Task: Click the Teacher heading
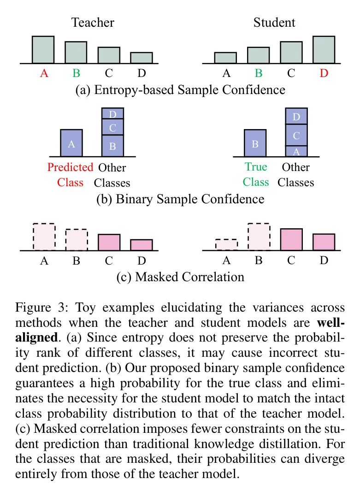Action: [x=93, y=23]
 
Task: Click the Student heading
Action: [x=274, y=23]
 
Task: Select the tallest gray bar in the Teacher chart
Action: [x=43, y=50]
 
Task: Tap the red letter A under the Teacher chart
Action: [x=44, y=73]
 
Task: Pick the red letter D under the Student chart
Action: [x=324, y=73]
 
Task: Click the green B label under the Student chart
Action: [x=259, y=73]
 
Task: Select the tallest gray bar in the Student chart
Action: [x=324, y=50]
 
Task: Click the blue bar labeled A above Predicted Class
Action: [x=71, y=143]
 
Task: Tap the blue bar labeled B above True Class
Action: [x=255, y=143]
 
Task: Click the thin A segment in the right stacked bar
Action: [x=296, y=151]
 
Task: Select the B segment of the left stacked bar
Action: [x=112, y=146]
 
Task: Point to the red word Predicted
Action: [x=71, y=167]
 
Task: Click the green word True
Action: [x=256, y=167]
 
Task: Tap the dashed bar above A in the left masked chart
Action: [x=44, y=236]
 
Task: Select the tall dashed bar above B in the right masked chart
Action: [x=259, y=236]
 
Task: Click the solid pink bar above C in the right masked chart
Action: [x=291, y=239]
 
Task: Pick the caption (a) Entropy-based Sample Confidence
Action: [x=180, y=90]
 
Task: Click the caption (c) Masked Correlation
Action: [x=180, y=277]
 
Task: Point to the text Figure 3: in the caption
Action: [x=41, y=308]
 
